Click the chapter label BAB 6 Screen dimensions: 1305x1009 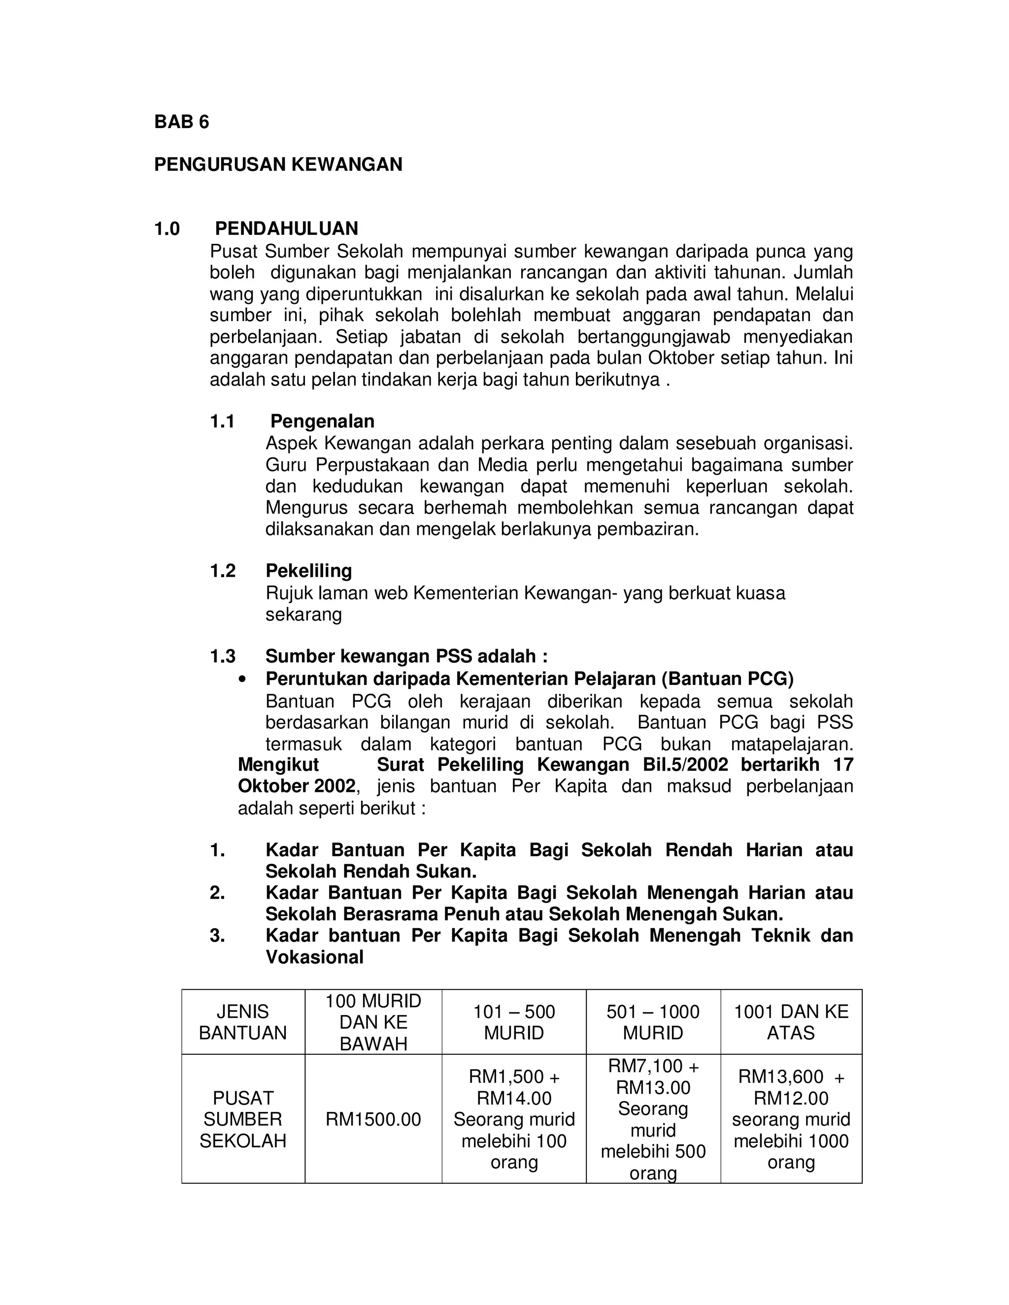[181, 122]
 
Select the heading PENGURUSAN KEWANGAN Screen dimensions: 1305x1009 [278, 164]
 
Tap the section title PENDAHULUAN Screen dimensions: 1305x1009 [286, 228]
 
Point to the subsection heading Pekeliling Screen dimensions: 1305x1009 [308, 571]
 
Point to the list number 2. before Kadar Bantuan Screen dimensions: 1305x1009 [217, 893]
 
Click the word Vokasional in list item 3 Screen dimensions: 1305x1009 [314, 957]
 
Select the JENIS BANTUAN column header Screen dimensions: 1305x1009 [243, 1022]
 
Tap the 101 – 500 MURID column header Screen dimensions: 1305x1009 [513, 1022]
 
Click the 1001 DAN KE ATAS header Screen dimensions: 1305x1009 [790, 1022]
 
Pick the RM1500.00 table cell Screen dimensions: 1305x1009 [373, 1119]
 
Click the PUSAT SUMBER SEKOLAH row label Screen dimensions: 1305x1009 [243, 1119]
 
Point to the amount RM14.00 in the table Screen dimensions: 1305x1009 [513, 1098]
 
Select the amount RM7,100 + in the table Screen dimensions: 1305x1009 [653, 1066]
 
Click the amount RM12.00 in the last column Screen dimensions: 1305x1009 [790, 1098]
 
